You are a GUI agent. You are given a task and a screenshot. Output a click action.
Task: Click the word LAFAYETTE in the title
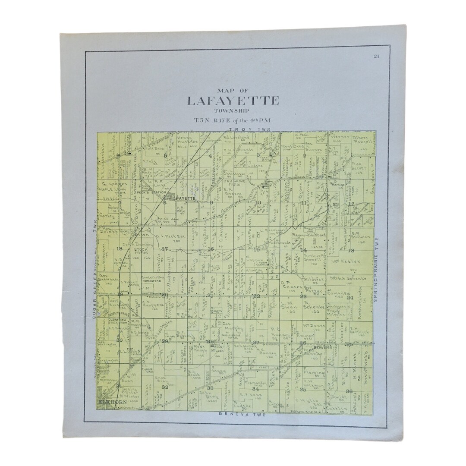click(x=233, y=101)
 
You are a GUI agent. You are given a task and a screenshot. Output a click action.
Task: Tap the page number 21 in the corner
click(x=376, y=57)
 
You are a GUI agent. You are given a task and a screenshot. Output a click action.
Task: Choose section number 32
click(x=164, y=387)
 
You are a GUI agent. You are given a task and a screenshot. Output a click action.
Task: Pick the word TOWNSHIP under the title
click(x=233, y=112)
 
